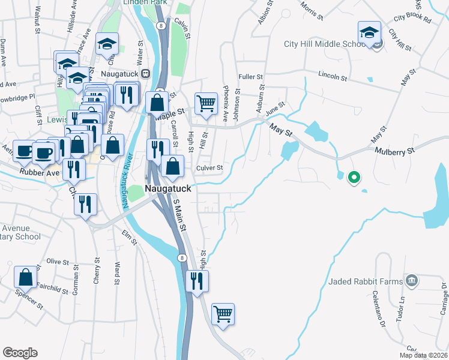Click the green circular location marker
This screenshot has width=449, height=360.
[x=354, y=177]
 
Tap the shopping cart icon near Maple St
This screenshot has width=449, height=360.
[x=206, y=103]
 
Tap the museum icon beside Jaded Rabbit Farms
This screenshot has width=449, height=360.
[x=412, y=280]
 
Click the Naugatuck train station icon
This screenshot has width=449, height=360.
[x=145, y=73]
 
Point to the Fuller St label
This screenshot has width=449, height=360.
[x=250, y=77]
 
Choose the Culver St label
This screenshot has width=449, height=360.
[x=210, y=167]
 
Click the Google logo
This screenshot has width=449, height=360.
[x=20, y=352]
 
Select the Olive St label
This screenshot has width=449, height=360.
[x=58, y=262]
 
